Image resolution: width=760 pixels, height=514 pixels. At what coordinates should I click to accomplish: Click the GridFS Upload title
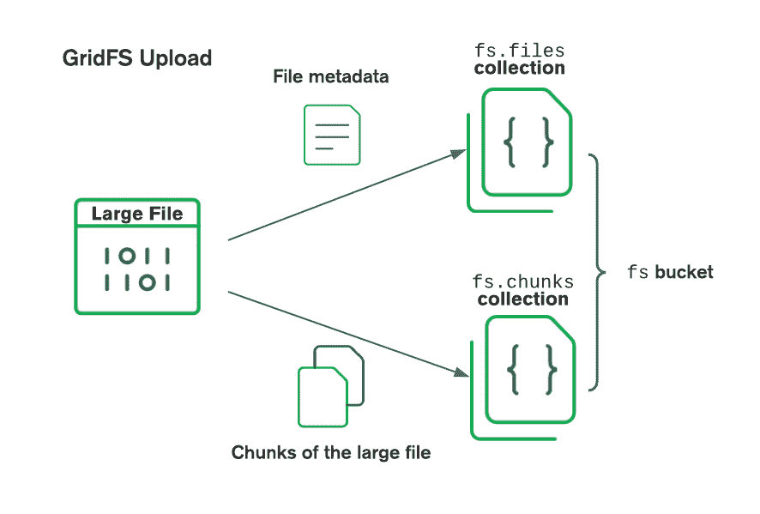point(137,58)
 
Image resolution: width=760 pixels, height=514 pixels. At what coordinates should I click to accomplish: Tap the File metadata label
point(330,76)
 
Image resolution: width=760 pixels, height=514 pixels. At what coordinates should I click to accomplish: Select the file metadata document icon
point(332,135)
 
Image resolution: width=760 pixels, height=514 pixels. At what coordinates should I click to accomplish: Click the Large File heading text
point(137,214)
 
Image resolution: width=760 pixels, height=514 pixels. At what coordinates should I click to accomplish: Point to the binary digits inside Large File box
point(137,269)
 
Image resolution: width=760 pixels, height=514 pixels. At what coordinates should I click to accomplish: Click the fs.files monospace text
point(519,50)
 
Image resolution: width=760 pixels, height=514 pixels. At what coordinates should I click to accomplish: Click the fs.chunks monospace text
point(522,281)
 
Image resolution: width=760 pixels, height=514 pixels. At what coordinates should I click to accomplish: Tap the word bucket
point(684,273)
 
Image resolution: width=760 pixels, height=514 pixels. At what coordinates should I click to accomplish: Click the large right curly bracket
point(594,271)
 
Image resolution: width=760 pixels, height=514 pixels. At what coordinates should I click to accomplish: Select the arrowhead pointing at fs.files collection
point(459,154)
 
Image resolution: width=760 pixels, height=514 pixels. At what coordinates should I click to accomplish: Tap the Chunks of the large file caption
point(330,452)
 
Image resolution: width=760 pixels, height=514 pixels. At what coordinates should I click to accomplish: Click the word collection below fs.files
point(519,68)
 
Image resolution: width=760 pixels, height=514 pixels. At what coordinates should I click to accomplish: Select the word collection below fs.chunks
point(522,299)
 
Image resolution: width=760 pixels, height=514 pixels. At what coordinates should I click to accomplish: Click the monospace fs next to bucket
point(637,273)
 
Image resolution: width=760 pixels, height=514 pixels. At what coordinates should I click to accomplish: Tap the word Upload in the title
point(176,58)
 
